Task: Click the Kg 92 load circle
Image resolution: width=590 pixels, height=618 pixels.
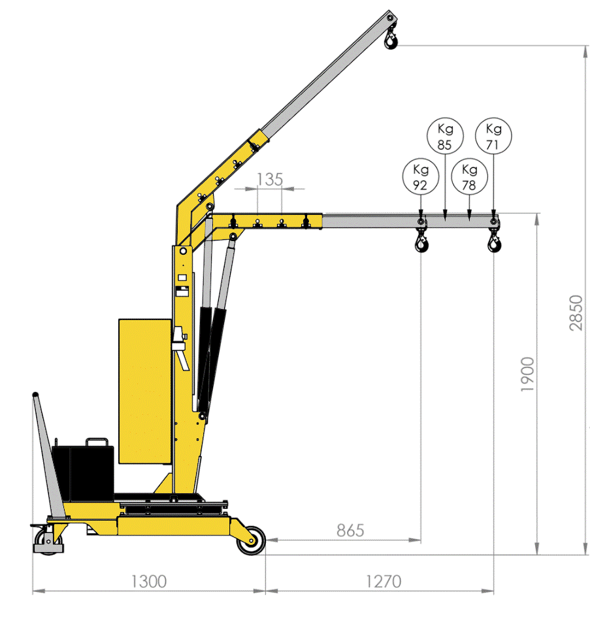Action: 421,176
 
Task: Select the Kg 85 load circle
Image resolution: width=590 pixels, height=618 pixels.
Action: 445,136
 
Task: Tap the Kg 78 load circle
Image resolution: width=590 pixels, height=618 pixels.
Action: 469,176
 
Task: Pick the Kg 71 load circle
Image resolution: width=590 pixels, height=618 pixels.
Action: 493,136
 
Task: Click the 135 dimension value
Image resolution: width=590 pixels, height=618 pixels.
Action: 270,180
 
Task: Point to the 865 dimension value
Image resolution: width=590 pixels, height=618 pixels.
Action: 350,530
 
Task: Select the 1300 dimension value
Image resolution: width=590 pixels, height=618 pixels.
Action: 149,581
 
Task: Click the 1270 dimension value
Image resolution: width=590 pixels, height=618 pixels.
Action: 384,581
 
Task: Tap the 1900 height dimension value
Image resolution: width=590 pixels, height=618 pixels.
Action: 527,374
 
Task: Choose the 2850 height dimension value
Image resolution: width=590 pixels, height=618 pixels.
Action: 576,312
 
